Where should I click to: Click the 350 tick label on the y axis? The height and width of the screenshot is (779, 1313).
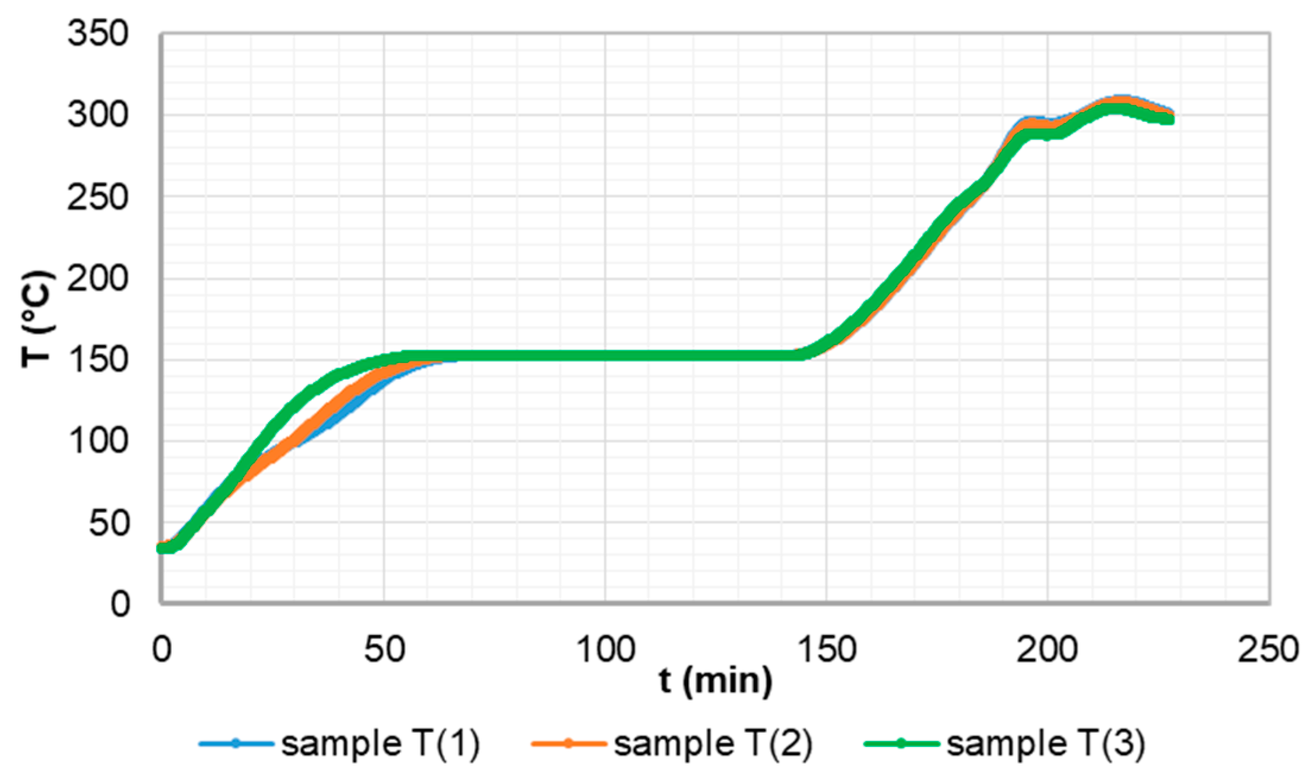pos(97,33)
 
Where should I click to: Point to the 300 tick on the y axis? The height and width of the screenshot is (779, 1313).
pos(97,115)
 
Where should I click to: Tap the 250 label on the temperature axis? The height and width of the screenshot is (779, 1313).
pos(97,197)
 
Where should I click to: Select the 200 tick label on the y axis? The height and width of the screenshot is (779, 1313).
pos(97,278)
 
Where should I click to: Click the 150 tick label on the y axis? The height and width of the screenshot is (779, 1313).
pos(97,360)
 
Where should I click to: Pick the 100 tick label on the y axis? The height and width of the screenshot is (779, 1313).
pos(97,441)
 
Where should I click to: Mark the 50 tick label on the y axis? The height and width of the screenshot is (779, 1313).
pos(108,523)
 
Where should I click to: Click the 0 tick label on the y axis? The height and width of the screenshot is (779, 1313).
pos(119,604)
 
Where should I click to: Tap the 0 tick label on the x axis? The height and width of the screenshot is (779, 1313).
pos(162,649)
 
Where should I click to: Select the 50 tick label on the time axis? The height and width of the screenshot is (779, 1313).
pos(384,649)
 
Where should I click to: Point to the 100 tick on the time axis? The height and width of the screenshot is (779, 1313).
pos(606,649)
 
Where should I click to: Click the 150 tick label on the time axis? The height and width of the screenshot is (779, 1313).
pos(827,649)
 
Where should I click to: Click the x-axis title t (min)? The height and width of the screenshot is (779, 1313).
pos(716,681)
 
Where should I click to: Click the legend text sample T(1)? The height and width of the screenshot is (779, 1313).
pos(380,743)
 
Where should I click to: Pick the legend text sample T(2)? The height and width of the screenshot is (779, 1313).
pos(713,743)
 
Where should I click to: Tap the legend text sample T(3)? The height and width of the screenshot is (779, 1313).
pos(1045,743)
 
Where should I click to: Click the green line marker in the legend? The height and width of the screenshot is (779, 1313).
pos(901,743)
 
